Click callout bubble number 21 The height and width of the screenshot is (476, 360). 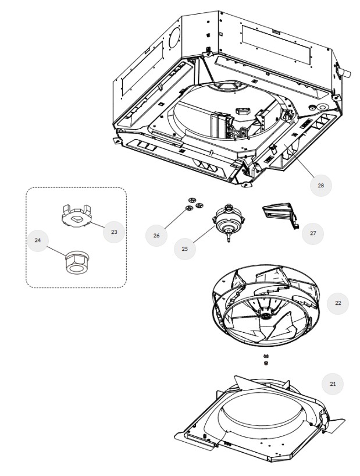(332, 383)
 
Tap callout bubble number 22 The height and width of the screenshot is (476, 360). (337, 303)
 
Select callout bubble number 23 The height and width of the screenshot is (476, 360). (114, 232)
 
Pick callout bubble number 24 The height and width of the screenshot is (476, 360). (38, 240)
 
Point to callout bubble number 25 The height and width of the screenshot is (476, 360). (185, 248)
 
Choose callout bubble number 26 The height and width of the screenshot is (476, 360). (156, 235)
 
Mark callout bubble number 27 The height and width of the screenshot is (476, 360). (312, 232)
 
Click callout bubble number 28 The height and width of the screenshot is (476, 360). (320, 185)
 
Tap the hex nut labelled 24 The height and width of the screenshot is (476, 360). (74, 263)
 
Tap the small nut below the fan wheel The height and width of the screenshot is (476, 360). (266, 363)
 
